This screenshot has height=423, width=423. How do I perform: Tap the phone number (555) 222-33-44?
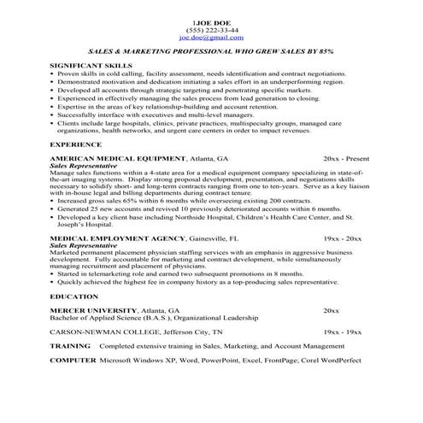210,31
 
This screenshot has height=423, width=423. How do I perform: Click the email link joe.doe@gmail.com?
210,38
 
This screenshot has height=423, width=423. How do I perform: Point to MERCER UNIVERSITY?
91,308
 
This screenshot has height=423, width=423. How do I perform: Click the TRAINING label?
70,347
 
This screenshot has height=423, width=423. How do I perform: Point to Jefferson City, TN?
195,331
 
